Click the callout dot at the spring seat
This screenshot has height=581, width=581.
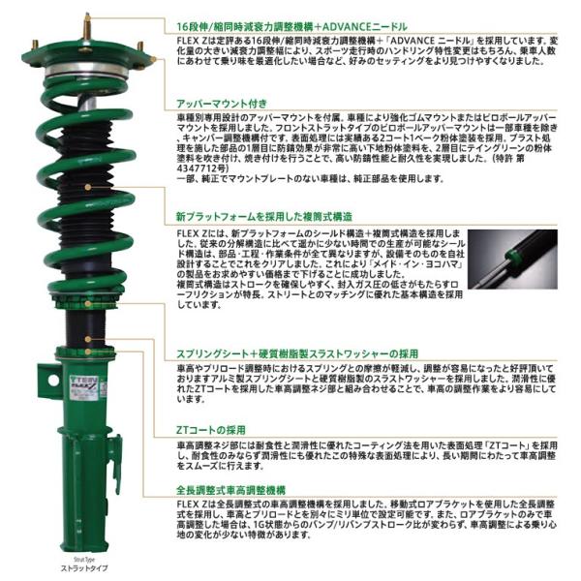88,338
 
